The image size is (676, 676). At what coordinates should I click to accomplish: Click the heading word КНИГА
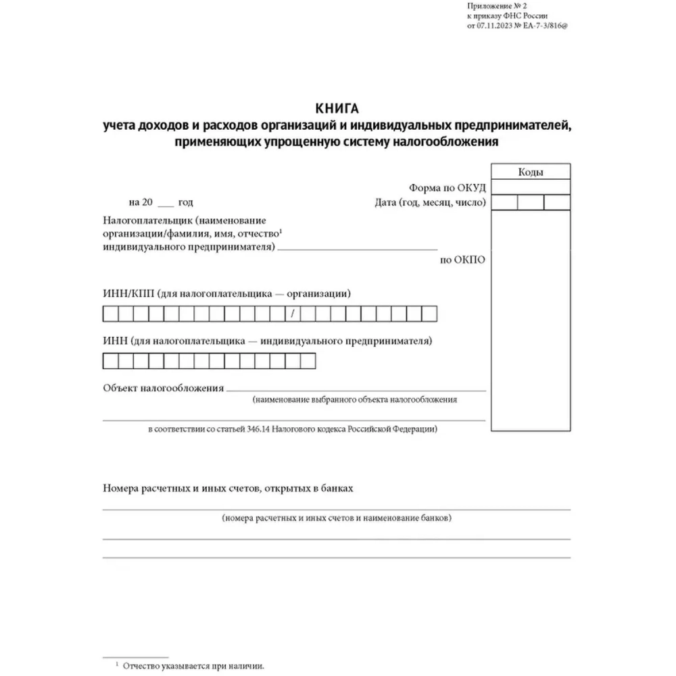click(337, 108)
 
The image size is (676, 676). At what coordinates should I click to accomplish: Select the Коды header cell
click(531, 172)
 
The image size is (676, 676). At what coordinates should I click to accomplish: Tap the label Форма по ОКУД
click(447, 187)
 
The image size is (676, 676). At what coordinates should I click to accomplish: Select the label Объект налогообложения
click(163, 388)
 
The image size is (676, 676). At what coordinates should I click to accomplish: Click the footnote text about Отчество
click(193, 666)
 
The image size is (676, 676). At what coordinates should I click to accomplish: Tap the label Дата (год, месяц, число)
click(429, 202)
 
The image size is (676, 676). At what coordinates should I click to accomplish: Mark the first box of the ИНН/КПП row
click(110, 314)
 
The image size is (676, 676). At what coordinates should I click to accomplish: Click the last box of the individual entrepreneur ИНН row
click(308, 362)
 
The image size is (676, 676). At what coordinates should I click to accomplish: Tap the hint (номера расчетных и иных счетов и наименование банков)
click(336, 518)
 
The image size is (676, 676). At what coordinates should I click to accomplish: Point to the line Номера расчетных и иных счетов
click(228, 487)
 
